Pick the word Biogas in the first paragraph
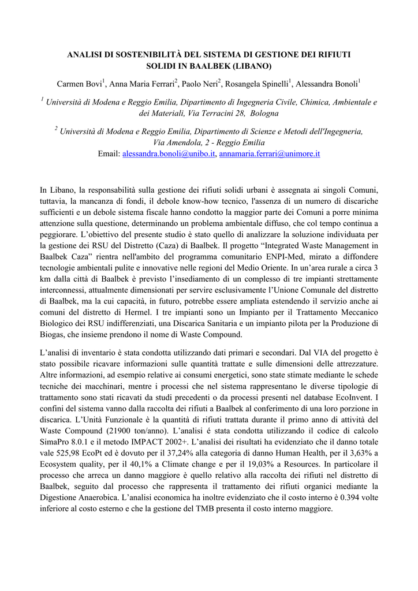point(53,334)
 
